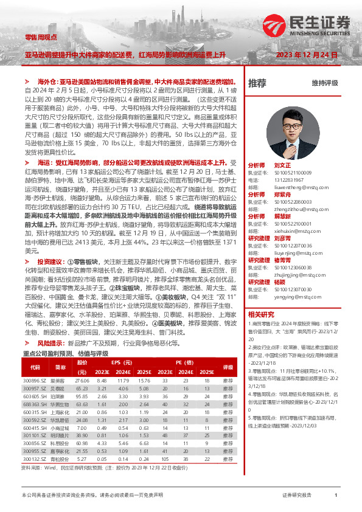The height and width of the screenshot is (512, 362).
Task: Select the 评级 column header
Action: click(228, 368)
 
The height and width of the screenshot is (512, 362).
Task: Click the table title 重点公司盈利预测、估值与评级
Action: click(65, 353)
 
